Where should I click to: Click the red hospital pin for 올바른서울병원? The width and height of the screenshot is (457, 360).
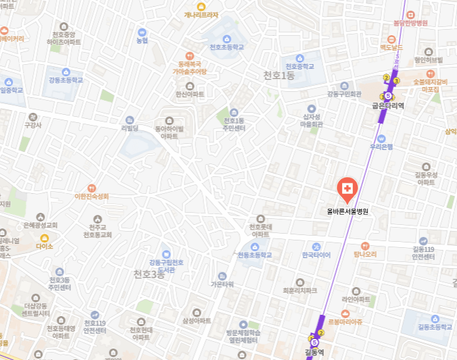click(x=347, y=189)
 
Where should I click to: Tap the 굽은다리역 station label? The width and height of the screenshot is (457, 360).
click(x=388, y=106)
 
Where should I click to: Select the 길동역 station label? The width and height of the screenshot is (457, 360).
click(x=315, y=352)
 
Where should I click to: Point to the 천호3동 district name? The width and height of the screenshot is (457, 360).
click(x=149, y=274)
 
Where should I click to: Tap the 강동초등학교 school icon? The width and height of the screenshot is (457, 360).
click(x=66, y=72)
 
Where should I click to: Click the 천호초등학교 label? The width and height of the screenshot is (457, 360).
click(x=226, y=47)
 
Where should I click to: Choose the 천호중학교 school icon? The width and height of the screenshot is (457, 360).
click(x=300, y=57)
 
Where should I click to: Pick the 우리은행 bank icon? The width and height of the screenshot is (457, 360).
click(x=381, y=138)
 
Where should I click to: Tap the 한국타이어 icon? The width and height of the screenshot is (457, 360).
click(x=316, y=246)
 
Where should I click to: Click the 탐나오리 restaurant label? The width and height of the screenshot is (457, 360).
click(x=365, y=255)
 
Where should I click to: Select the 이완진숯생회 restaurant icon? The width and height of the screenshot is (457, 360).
click(x=91, y=188)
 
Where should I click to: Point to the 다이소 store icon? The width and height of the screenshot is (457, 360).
click(x=45, y=238)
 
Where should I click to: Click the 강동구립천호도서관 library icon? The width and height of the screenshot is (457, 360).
click(x=166, y=253)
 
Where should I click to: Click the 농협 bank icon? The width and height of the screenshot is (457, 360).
click(x=142, y=32)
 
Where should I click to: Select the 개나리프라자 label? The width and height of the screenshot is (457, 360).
click(x=201, y=14)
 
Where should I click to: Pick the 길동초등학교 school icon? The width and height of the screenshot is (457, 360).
click(x=435, y=318)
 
